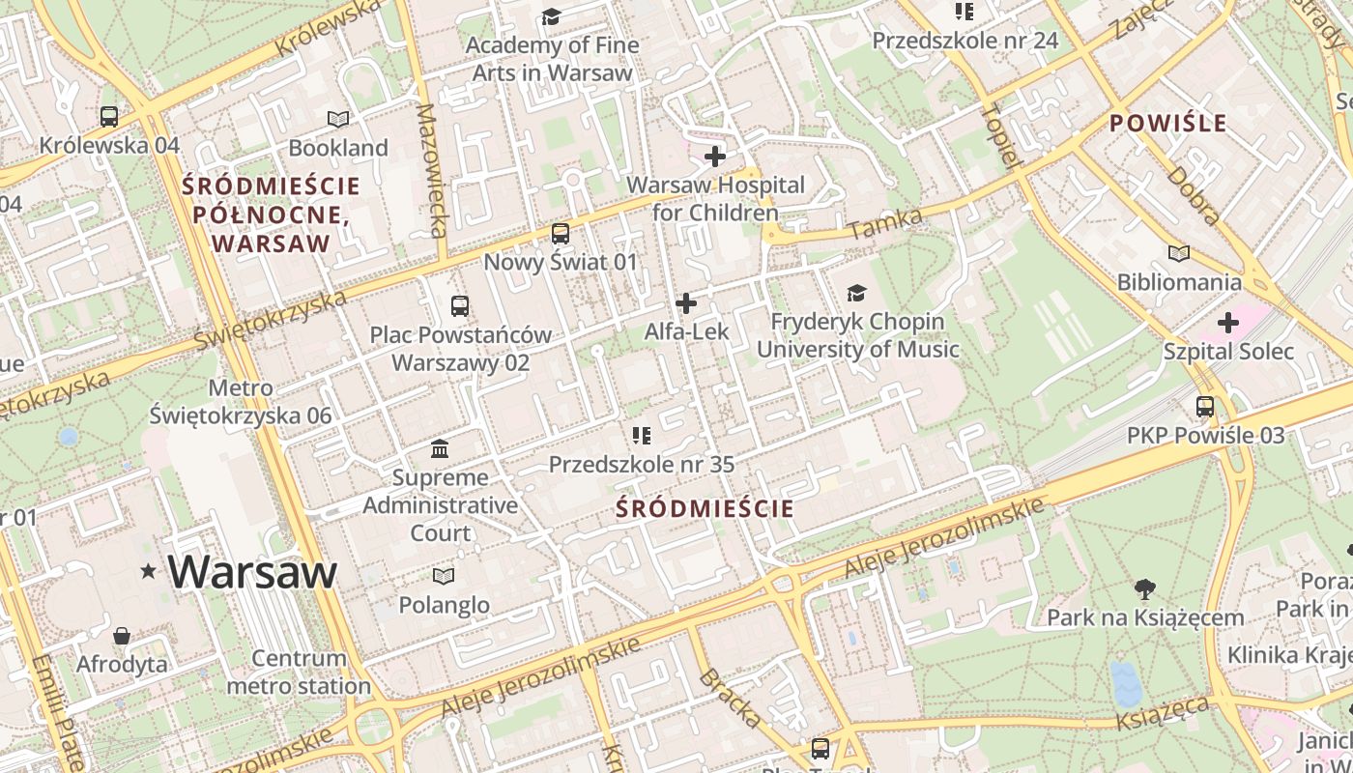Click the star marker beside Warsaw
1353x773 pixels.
coord(148,571)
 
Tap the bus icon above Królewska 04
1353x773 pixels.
coord(109,117)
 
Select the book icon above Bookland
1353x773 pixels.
coord(337,119)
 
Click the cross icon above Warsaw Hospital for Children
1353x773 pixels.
coord(715,156)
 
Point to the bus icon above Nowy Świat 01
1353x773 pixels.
coord(561,233)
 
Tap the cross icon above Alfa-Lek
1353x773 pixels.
coord(686,303)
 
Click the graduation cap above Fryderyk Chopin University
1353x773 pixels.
coord(857,293)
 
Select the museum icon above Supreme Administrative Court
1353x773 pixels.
coord(440,449)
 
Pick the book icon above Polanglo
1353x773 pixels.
coord(444,577)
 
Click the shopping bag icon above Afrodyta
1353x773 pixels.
coord(122,636)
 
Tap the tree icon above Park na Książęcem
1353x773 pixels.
coord(1145,588)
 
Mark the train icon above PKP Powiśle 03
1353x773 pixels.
coord(1205,407)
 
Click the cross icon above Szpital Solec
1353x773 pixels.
coord(1228,322)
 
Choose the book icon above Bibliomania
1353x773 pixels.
coord(1178,253)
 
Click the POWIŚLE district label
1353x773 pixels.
coord(1167,124)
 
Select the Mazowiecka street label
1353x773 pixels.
coord(431,171)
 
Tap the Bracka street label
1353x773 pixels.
coord(730,697)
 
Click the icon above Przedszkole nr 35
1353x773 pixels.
coord(642,436)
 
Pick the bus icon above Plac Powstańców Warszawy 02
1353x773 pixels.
coord(460,306)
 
